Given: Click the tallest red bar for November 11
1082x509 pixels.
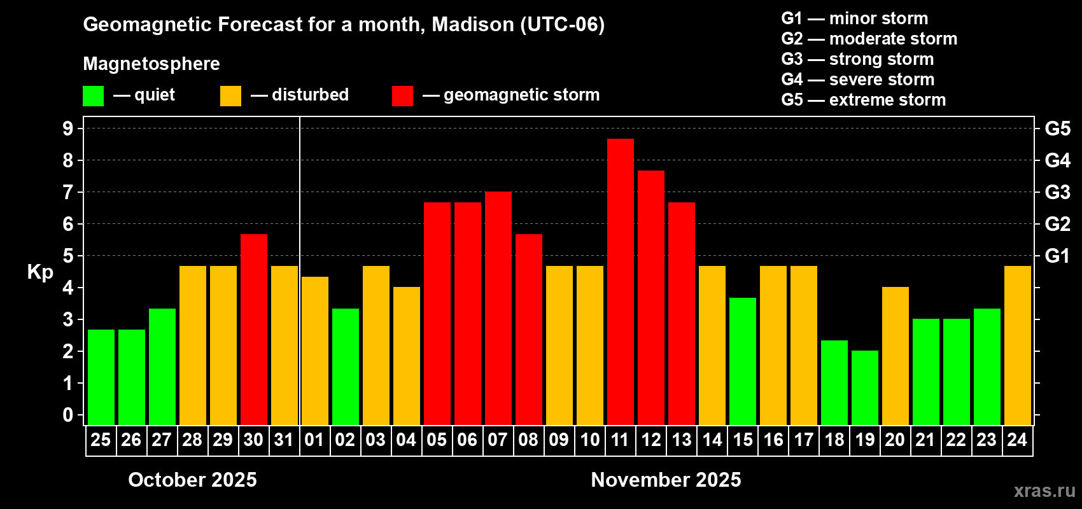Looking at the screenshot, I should click(x=620, y=281).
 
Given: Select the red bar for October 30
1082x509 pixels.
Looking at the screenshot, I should click(x=253, y=329).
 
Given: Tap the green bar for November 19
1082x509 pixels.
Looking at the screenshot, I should click(x=864, y=387).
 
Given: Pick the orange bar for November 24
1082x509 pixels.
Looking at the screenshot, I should click(x=1017, y=345).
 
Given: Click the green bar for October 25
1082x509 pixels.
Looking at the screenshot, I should click(x=101, y=377).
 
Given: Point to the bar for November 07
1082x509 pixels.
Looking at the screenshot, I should click(x=498, y=308).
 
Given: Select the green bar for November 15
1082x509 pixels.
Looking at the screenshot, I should click(x=742, y=361).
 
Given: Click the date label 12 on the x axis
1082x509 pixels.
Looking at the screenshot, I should click(x=650, y=440).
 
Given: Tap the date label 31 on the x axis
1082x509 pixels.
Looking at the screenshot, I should click(x=284, y=440).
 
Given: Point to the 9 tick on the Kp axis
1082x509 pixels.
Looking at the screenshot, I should click(x=68, y=129).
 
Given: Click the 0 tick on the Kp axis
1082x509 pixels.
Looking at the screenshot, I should click(x=68, y=415).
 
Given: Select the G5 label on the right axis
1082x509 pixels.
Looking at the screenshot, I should click(x=1057, y=129).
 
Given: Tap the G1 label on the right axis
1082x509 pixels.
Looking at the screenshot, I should click(x=1057, y=256).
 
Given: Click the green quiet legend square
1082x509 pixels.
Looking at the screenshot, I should click(x=93, y=96).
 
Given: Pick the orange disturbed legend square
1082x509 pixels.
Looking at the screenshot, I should click(x=230, y=96).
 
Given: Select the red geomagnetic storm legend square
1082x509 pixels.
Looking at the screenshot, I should click(x=402, y=96).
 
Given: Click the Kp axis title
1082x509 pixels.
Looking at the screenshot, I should click(x=40, y=272).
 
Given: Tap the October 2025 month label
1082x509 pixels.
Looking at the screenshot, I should click(x=192, y=480).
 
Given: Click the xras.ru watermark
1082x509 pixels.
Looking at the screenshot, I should click(x=1044, y=491).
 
